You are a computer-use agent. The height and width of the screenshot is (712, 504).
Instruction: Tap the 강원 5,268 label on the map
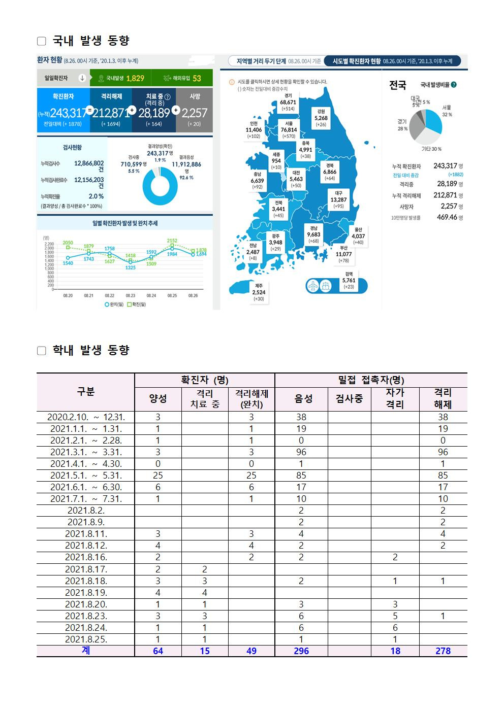(321, 118)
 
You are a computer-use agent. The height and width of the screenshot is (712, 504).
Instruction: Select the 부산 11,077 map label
(344, 254)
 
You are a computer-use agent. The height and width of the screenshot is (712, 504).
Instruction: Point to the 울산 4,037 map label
(358, 236)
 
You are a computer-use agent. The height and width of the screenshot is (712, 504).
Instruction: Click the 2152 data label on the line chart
(172, 240)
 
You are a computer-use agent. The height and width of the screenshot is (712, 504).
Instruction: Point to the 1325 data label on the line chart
(131, 267)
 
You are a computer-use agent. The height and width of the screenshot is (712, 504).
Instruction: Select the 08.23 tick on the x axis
(131, 295)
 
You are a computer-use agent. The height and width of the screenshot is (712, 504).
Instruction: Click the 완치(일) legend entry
(114, 304)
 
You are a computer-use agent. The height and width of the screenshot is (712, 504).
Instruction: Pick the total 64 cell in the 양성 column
(158, 651)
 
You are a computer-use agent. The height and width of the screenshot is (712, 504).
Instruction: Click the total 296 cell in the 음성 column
(301, 651)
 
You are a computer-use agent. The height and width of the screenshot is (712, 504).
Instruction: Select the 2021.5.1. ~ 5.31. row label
(86, 476)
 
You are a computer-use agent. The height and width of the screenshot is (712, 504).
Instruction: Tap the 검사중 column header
(349, 399)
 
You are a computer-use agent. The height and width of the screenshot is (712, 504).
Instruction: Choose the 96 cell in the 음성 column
(301, 452)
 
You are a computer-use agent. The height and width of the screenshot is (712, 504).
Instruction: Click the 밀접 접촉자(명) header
(371, 380)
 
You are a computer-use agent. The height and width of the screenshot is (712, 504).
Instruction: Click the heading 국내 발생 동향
(91, 41)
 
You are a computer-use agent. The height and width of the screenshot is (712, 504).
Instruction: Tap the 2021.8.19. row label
(86, 592)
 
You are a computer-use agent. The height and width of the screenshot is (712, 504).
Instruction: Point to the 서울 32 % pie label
(447, 111)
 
